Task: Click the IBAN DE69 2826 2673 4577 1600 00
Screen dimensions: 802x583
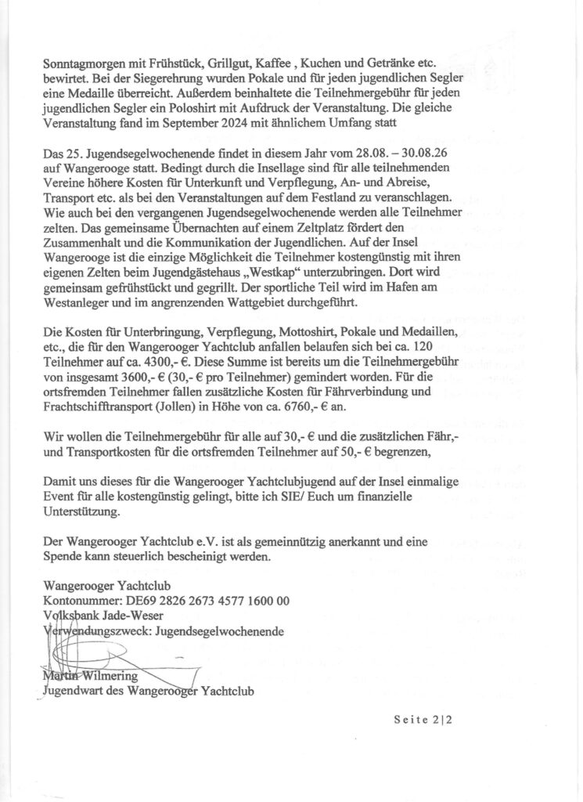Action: pyautogui.click(x=206, y=601)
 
